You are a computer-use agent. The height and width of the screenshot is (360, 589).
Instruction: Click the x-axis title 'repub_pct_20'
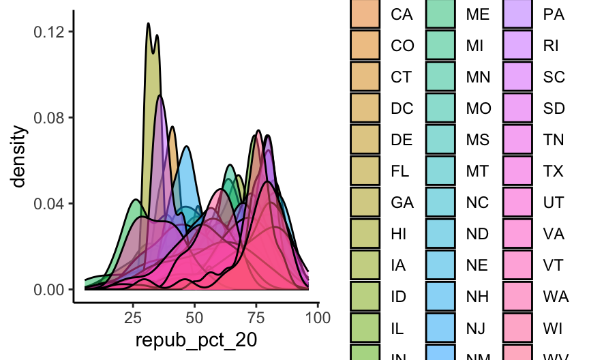tap(196, 340)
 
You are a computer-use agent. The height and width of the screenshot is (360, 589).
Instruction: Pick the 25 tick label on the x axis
tap(133, 317)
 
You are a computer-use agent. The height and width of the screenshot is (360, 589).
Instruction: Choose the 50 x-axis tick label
tap(194, 317)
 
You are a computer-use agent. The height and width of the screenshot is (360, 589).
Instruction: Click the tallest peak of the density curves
tap(148, 24)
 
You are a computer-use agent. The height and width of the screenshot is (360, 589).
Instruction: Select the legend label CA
tap(401, 14)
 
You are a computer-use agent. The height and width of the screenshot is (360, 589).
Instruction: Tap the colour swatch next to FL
tap(364, 171)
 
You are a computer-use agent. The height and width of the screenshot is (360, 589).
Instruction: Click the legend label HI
tap(399, 234)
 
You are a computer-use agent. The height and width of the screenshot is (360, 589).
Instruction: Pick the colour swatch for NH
tap(440, 297)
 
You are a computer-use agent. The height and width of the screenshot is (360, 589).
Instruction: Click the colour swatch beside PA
tap(516, 14)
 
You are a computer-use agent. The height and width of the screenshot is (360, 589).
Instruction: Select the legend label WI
tap(553, 328)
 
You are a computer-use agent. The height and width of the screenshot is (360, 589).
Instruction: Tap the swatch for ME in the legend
tap(440, 14)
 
